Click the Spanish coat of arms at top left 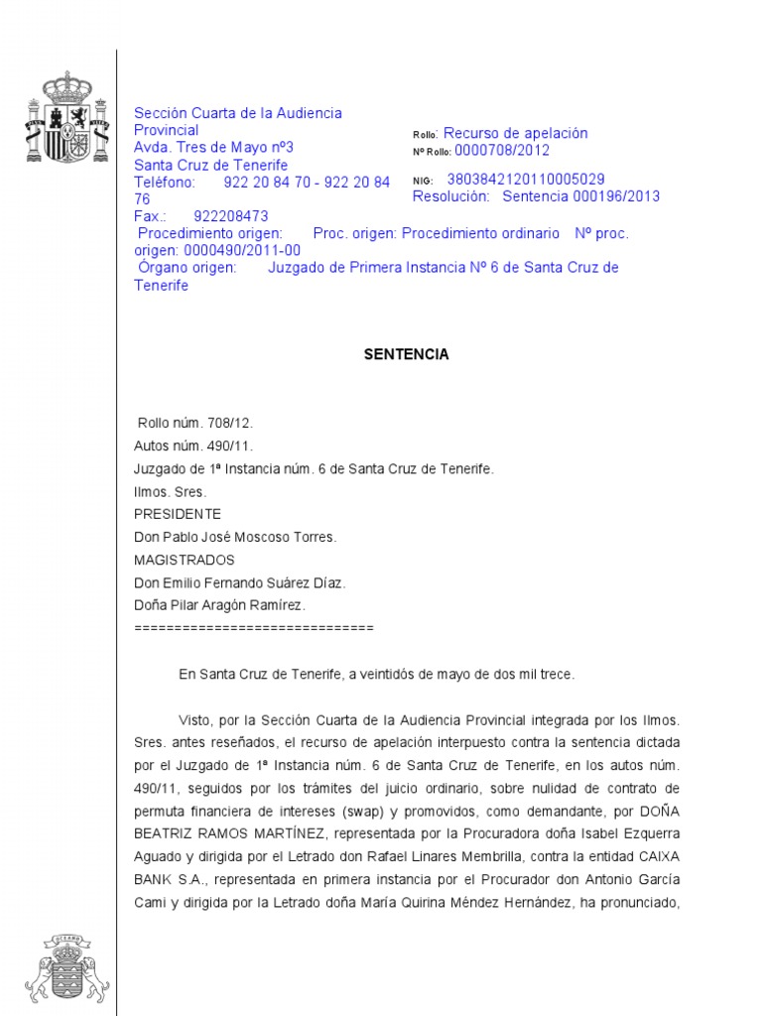(66, 118)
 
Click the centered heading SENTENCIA (406, 354)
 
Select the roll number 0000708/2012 (502, 151)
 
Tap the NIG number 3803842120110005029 (526, 180)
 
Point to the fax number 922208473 (231, 216)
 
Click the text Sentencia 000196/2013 (580, 196)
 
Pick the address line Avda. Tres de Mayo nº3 (213, 147)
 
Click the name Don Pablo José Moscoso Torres (235, 537)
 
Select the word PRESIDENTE (178, 514)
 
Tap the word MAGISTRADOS (184, 560)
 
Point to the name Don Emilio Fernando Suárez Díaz (239, 582)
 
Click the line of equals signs (253, 628)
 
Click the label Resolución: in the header (450, 196)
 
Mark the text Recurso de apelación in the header (515, 133)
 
